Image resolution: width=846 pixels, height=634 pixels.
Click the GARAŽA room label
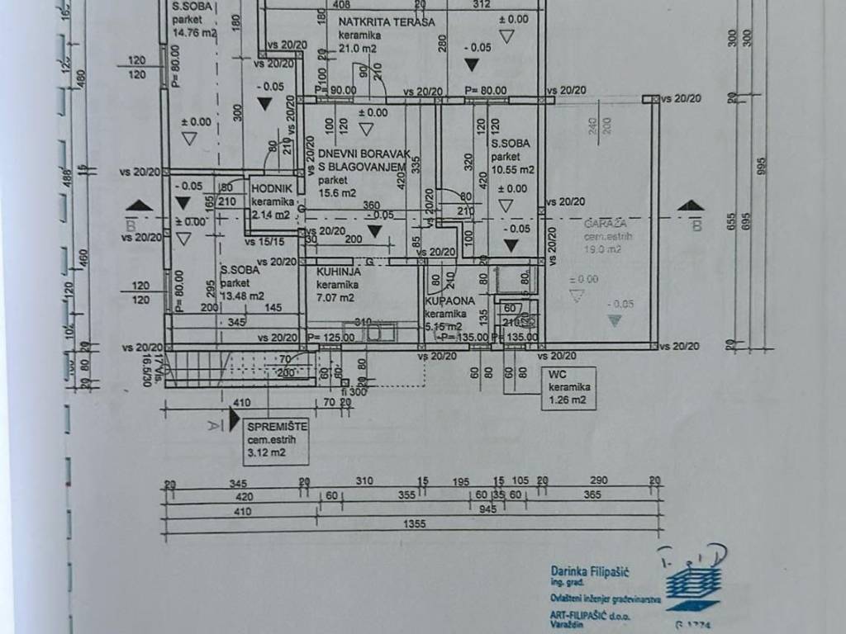[x=605, y=224]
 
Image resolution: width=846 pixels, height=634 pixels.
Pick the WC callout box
[x=569, y=388]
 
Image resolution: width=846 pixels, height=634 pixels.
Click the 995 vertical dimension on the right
[x=762, y=165]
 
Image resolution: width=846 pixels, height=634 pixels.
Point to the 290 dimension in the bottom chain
[x=598, y=480]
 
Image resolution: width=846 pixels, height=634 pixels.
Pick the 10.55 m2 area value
[x=512, y=169]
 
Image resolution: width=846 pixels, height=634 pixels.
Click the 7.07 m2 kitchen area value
[x=335, y=297]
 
